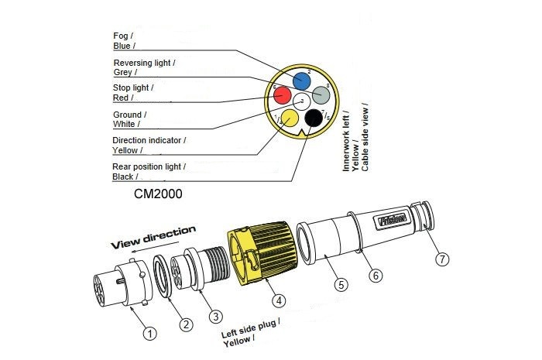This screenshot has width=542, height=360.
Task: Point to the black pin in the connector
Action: click(x=313, y=118)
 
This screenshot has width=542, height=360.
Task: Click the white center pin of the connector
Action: click(x=301, y=101)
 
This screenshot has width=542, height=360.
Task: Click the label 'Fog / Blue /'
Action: click(x=123, y=41)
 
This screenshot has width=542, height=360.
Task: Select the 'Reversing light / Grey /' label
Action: click(x=143, y=67)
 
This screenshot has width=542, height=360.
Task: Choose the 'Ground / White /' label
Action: click(x=129, y=119)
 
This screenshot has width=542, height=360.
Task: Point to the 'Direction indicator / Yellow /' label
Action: click(x=149, y=145)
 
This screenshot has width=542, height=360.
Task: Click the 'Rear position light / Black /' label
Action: click(x=149, y=171)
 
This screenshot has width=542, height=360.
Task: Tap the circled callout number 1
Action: click(x=149, y=333)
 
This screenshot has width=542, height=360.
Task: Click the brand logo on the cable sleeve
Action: click(x=393, y=221)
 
